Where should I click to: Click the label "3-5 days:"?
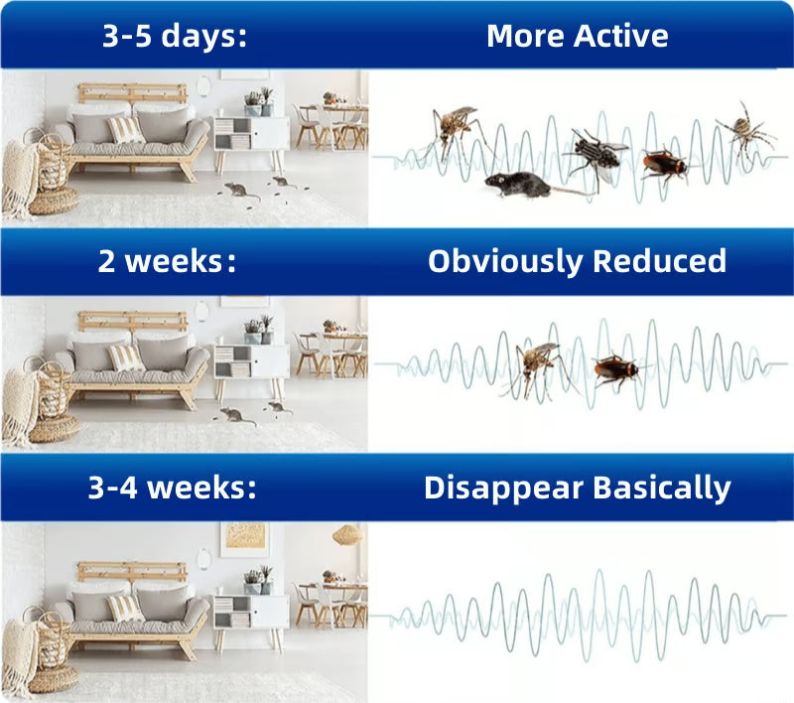tap(175, 37)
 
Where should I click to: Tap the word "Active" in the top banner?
tap(621, 37)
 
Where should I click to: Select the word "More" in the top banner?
tap(526, 37)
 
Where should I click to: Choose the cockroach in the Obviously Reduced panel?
tap(616, 370)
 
